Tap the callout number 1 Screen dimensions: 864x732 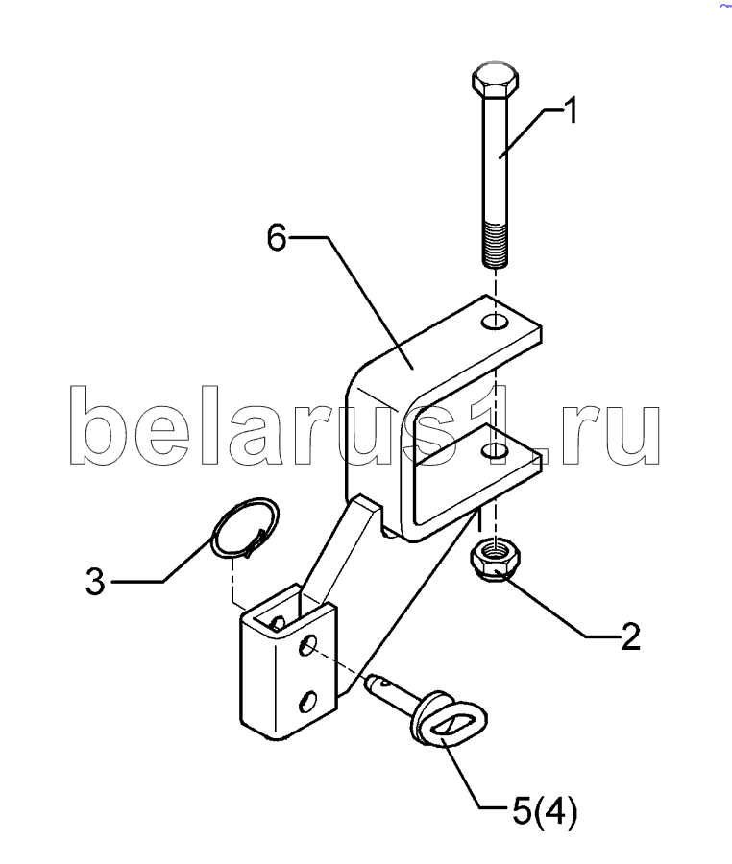click(570, 112)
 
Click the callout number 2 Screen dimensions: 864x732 click(630, 636)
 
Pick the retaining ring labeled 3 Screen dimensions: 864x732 click(244, 527)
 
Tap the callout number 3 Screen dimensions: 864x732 click(94, 582)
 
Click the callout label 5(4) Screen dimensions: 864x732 click(543, 812)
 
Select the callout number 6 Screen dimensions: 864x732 click(277, 237)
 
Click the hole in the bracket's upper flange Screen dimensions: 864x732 click(496, 319)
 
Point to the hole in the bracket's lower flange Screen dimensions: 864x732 click(496, 451)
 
